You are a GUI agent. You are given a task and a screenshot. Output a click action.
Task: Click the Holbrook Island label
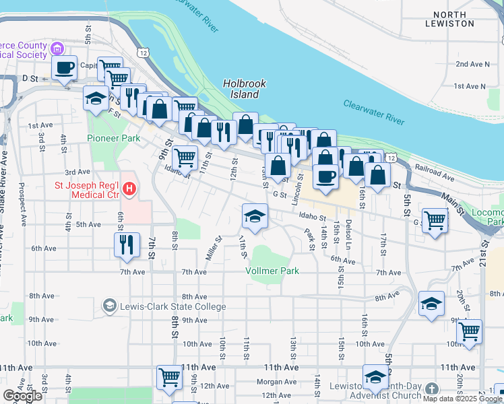click(244, 89)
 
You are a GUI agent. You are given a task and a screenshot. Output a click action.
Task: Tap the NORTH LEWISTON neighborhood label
click(449, 19)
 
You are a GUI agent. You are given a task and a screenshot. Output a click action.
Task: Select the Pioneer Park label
click(113, 138)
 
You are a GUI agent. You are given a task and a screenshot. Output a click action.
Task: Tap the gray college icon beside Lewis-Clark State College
click(108, 306)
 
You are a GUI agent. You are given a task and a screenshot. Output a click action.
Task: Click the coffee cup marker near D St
click(65, 68)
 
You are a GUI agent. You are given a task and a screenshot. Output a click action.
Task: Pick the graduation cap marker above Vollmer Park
click(255, 216)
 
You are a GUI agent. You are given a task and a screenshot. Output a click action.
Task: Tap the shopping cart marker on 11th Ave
click(169, 377)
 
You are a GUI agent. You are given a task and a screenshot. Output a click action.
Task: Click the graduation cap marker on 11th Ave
click(375, 377)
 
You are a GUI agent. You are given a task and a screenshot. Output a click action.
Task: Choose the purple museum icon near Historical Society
click(57, 48)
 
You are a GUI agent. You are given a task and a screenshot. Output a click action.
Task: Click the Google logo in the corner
click(22, 397)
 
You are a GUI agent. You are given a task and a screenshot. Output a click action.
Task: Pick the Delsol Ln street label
click(348, 232)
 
